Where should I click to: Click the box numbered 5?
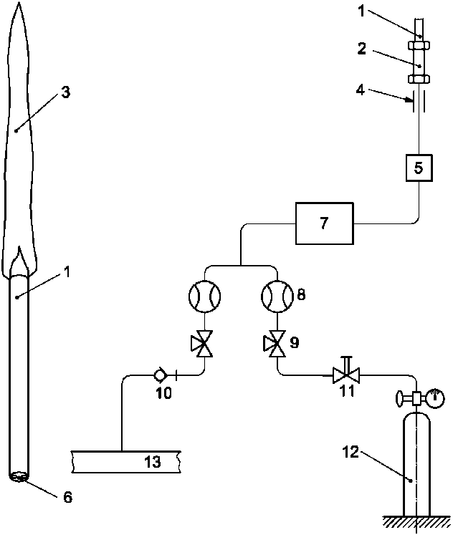point(419,168)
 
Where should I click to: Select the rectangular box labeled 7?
point(324,223)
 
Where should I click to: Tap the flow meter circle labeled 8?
point(277,297)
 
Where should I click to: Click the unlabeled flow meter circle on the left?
point(204,297)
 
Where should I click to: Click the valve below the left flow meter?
point(202,344)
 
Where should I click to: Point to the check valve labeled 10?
point(160,375)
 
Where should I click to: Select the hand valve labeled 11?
point(346,372)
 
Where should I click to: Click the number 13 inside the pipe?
point(152,462)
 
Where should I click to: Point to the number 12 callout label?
point(351,453)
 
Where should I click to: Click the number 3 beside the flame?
point(65,92)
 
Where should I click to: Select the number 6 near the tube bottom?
point(67,497)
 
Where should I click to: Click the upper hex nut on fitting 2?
point(419,45)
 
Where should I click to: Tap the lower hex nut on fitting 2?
point(419,79)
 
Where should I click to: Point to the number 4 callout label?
point(360,90)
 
